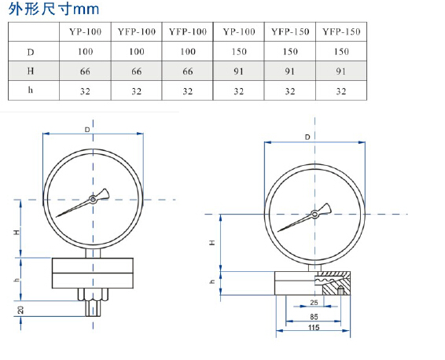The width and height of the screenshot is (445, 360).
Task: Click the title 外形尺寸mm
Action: [53, 9]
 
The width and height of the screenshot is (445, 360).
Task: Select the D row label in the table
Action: [31, 52]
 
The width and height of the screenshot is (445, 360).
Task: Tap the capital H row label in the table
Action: [31, 71]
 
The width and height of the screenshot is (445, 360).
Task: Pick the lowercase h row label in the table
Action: [31, 90]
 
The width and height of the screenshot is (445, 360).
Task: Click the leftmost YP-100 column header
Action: [85, 31]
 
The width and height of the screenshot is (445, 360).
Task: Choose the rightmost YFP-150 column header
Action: [341, 31]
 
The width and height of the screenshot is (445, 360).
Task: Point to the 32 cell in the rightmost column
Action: [341, 91]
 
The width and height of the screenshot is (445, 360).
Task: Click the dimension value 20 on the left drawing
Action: [20, 310]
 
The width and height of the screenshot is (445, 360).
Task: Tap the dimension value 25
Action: [314, 303]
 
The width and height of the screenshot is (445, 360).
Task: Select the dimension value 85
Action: [314, 316]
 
